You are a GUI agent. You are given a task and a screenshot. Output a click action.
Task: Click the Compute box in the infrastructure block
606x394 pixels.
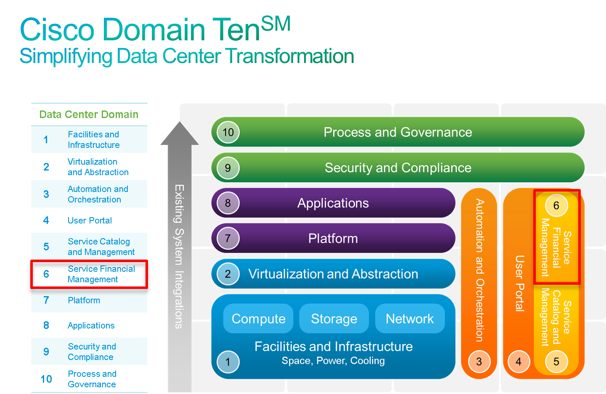pos(258,318)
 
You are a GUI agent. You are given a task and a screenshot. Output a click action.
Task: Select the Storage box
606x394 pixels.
pos(334,318)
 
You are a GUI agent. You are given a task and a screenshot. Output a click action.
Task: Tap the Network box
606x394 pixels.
pos(410,318)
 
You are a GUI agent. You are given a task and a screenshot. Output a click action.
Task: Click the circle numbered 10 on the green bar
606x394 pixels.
pos(228,132)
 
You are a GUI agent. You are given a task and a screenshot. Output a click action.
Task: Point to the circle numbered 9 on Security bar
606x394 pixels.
pos(228,168)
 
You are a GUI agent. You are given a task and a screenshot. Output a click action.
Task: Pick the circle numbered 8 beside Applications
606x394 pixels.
pos(228,203)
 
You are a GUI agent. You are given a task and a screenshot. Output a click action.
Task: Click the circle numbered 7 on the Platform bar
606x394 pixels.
pos(228,238)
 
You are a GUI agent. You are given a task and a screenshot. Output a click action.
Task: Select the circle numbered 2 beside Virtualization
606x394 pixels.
pos(228,274)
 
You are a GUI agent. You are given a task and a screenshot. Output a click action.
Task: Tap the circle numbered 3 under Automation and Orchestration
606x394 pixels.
pos(479,361)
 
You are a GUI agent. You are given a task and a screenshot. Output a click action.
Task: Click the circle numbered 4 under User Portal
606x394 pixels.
pos(519,361)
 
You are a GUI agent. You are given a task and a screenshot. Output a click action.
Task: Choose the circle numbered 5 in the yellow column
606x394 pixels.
pos(556,361)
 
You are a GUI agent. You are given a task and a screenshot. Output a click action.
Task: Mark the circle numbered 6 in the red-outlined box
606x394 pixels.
pos(556,205)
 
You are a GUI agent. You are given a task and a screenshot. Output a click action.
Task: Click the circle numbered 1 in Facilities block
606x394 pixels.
pos(228,362)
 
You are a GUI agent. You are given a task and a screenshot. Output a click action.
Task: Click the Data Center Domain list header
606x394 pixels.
pos(89,114)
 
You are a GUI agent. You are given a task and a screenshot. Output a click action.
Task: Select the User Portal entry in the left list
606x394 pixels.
pos(90,221)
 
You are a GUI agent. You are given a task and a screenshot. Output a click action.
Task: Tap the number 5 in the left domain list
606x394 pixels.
pos(46,247)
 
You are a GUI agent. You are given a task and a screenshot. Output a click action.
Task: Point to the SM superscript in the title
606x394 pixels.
pos(276,24)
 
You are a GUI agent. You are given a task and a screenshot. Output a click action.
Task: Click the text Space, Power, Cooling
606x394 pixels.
pos(333,361)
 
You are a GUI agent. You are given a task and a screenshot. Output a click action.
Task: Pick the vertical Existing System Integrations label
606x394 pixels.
pos(180,256)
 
